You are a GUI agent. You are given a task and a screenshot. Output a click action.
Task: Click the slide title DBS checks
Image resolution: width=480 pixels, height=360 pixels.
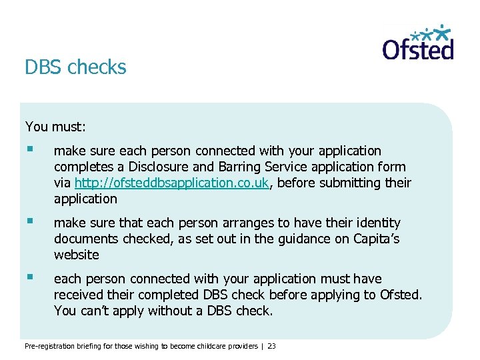tap(75, 67)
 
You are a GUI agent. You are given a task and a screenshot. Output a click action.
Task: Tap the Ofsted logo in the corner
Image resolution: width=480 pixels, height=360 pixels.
tap(418, 43)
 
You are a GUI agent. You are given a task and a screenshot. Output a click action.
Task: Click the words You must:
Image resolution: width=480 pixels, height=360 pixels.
tap(56, 126)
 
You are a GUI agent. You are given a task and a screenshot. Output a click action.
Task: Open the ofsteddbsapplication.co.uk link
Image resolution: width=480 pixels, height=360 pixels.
tap(172, 183)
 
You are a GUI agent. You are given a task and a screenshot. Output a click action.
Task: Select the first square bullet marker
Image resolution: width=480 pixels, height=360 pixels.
tap(29, 150)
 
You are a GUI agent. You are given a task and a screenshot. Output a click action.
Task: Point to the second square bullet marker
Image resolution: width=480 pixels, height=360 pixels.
tap(29, 222)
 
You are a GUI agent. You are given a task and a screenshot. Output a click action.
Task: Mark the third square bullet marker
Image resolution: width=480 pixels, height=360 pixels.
tap(29, 278)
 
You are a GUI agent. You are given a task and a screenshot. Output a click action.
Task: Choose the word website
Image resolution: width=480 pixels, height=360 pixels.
tap(76, 255)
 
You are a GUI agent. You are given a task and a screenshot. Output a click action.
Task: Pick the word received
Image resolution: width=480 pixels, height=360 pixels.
tap(79, 295)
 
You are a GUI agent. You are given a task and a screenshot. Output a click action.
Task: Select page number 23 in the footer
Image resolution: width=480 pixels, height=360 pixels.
tap(271, 346)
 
